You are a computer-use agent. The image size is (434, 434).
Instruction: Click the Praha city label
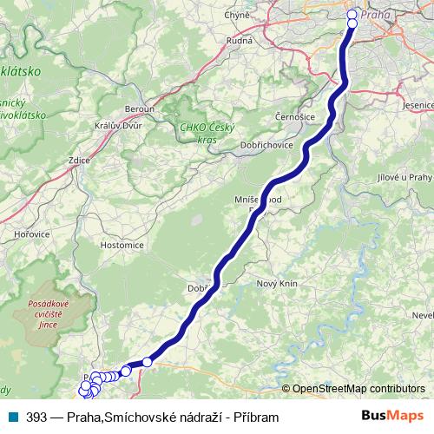(375, 15)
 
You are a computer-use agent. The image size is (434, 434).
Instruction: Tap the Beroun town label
(139, 108)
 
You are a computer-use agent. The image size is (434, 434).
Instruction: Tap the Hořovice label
(32, 234)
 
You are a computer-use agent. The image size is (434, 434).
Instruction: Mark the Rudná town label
(240, 40)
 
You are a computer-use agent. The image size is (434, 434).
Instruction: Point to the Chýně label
(237, 15)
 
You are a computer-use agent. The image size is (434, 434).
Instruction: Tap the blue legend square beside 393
(11, 418)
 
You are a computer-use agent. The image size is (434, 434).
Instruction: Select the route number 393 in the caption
(36, 418)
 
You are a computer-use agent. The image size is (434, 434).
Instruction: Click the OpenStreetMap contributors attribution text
(358, 389)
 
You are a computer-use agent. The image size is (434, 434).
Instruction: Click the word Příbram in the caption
(256, 418)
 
